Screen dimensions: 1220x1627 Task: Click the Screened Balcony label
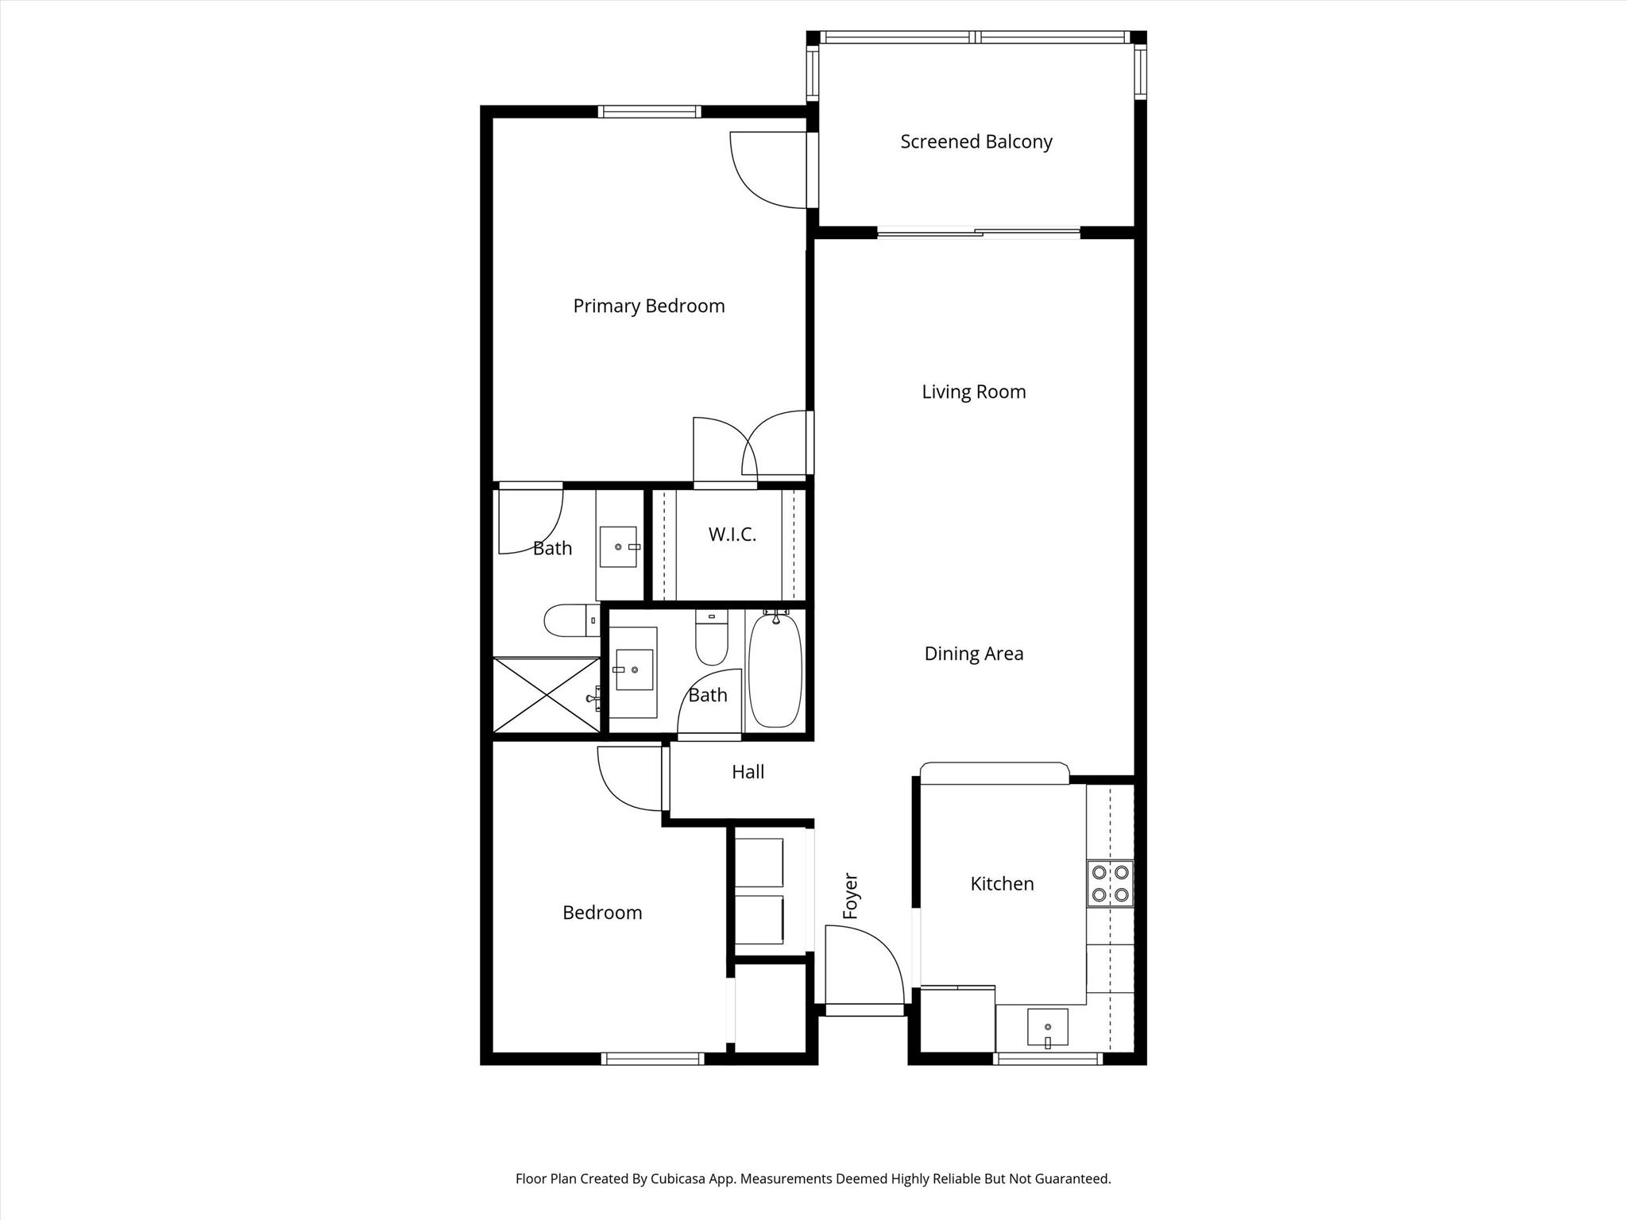point(976,142)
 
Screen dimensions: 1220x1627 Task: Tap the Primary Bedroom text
point(648,306)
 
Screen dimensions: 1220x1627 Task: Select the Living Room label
point(973,392)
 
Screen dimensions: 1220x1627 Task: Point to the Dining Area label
point(973,654)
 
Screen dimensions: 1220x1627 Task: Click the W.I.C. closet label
point(732,535)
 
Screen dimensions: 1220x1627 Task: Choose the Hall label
point(748,772)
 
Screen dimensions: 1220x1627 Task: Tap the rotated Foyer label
point(851,897)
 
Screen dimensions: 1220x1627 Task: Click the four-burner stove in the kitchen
point(1110,883)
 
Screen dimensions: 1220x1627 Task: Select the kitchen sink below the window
point(1047,1028)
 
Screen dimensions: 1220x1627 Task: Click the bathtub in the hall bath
point(775,671)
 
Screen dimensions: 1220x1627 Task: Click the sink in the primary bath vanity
point(618,546)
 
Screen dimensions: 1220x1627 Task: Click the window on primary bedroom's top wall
point(649,111)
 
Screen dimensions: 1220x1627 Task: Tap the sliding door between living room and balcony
point(979,233)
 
